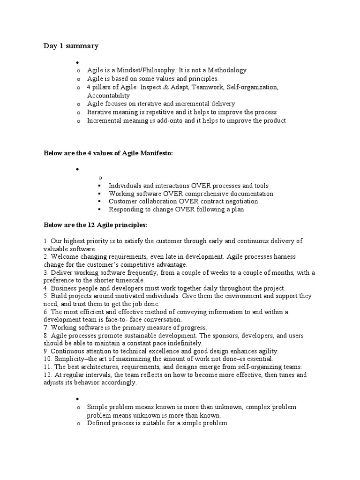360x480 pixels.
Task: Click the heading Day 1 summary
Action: (71, 45)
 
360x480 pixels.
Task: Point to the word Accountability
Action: (108, 96)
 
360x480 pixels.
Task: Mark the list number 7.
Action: (45, 328)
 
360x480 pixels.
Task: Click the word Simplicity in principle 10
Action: (69, 359)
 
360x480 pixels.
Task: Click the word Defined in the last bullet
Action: (97, 423)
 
